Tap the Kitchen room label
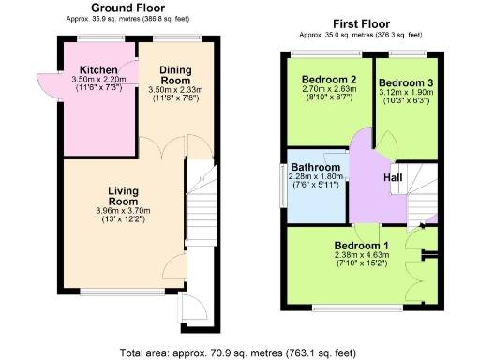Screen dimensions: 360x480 click(x=97, y=70)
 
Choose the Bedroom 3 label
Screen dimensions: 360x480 click(x=406, y=81)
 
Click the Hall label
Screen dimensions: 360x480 click(x=394, y=175)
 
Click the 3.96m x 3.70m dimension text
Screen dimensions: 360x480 click(x=123, y=211)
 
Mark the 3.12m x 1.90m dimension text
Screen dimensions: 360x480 click(x=406, y=92)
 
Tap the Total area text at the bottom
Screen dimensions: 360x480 click(x=239, y=352)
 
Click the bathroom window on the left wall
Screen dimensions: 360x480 click(x=284, y=185)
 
